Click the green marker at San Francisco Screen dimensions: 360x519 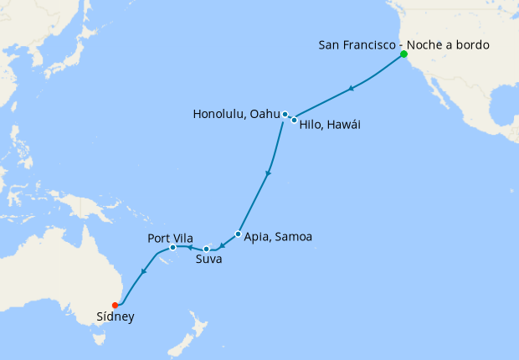click(x=403, y=54)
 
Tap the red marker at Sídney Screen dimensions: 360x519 click(x=115, y=305)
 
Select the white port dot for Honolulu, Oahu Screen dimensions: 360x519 click(x=285, y=115)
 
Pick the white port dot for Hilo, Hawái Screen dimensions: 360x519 click(x=294, y=121)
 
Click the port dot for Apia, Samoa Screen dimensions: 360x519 click(x=239, y=234)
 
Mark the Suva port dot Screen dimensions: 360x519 click(x=206, y=249)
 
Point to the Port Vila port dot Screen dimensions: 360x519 click(x=172, y=247)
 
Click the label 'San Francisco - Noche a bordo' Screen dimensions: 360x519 click(x=403, y=44)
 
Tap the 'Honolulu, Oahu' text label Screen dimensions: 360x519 click(x=236, y=114)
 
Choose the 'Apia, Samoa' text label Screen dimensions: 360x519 click(x=278, y=237)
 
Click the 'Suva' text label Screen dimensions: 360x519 click(x=208, y=260)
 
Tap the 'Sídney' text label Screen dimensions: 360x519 click(x=115, y=317)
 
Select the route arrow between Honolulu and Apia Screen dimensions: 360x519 click(x=268, y=173)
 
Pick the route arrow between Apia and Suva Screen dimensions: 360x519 click(x=222, y=244)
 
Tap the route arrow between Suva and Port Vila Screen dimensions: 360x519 click(x=189, y=247)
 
